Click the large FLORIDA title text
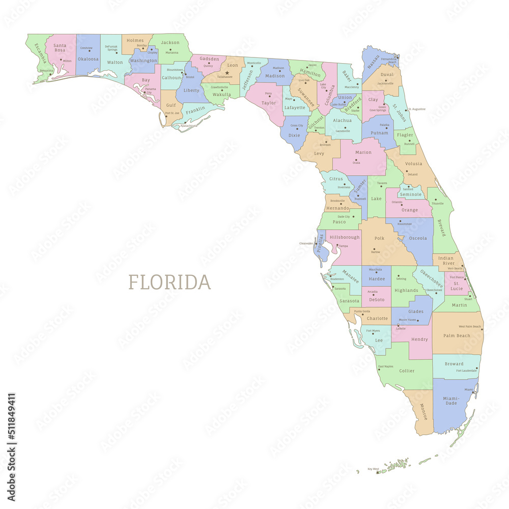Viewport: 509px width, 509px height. [169, 282]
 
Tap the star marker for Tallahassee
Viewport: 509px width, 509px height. [227, 73]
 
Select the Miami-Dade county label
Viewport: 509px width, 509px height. [451, 401]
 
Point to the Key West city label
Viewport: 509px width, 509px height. [373, 469]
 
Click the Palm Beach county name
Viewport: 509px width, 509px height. [457, 336]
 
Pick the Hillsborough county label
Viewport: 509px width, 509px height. [345, 237]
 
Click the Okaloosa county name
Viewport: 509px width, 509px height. [88, 59]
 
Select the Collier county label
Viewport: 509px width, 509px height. [407, 371]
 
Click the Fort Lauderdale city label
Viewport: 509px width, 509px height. [467, 371]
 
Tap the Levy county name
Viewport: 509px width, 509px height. [319, 153]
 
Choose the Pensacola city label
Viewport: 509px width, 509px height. [46, 71]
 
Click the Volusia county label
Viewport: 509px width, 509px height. [414, 164]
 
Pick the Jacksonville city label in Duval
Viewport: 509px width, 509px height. [385, 83]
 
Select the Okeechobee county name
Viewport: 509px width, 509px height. [431, 279]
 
